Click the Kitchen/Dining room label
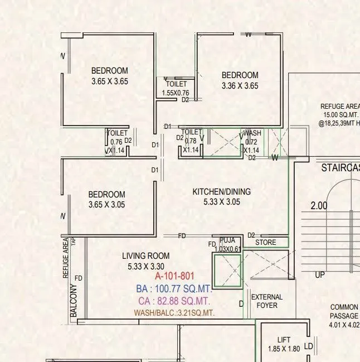pos(222,192)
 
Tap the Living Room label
pos(146,256)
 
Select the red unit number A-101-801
pos(174,276)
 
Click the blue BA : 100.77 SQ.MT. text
pos(174,289)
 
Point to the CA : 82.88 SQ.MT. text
pos(174,302)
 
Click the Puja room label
pos(227,240)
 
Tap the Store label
pos(266,243)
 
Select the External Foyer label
pos(267,301)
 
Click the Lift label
pos(284,340)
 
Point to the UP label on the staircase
pos(320,276)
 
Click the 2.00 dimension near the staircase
pos(319,206)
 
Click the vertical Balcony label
pos(74,302)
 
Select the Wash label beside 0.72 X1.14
pos(252,134)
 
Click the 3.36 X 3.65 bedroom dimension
pos(240,86)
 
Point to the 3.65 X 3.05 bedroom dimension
pos(106,205)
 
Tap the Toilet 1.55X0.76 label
pos(176,89)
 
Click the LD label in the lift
pos(309,346)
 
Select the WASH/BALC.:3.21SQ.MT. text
pos(174,313)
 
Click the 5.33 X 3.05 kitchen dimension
pos(222,202)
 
